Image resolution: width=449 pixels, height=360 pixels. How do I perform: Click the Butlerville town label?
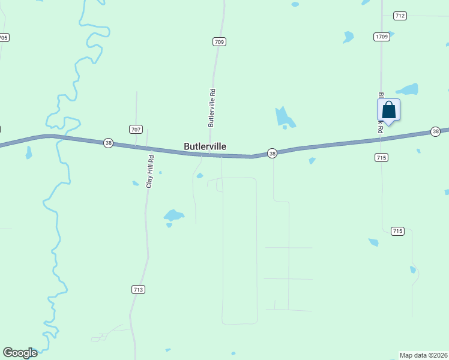coord(205,146)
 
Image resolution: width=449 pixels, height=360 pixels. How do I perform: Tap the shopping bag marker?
coord(388,110)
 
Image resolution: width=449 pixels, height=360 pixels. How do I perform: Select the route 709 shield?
coord(219,41)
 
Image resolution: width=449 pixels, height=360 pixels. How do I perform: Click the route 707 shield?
coord(136,129)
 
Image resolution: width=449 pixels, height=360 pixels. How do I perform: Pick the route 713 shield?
coord(138,289)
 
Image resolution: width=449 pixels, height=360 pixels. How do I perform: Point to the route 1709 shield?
coord(382,37)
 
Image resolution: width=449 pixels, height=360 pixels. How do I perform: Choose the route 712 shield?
coord(400,16)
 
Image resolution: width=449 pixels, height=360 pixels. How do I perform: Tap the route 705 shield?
coord(4,37)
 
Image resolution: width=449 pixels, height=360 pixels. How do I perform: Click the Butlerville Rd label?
coord(211,108)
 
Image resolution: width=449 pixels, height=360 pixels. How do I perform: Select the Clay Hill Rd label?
coord(150,172)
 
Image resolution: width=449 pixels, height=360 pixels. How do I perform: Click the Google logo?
coord(20,353)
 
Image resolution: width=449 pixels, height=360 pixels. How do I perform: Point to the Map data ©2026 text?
coord(423,355)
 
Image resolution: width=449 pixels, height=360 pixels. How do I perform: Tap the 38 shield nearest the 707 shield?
coord(108,142)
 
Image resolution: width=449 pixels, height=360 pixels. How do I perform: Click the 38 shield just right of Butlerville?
coord(272,154)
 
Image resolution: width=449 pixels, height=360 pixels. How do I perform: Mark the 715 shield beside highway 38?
coord(382,157)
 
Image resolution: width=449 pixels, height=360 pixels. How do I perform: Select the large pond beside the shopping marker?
coord(408,90)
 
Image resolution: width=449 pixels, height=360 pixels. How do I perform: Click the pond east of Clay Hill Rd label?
coord(173,215)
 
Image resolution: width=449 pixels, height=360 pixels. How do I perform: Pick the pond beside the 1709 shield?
coord(348,37)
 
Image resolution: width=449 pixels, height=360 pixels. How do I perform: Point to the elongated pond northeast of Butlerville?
coord(283,116)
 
